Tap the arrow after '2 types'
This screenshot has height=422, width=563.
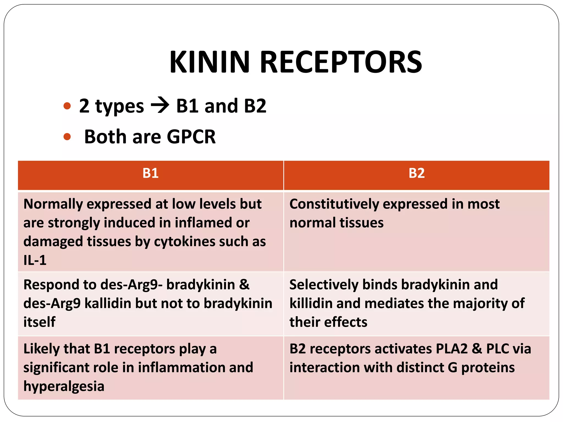[x=160, y=106]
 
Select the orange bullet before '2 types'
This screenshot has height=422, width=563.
[x=67, y=106]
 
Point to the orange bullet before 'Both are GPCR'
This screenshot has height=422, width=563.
[x=67, y=137]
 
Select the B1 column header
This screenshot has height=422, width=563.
[x=150, y=173]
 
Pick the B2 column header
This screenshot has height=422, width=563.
[x=416, y=173]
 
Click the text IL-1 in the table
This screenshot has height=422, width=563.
[x=35, y=260]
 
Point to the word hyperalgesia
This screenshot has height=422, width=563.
[x=64, y=386]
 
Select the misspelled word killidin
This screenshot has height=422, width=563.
[x=311, y=303]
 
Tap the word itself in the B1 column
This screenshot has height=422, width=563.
[x=39, y=322]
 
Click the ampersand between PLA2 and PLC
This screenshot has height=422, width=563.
[x=477, y=349]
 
